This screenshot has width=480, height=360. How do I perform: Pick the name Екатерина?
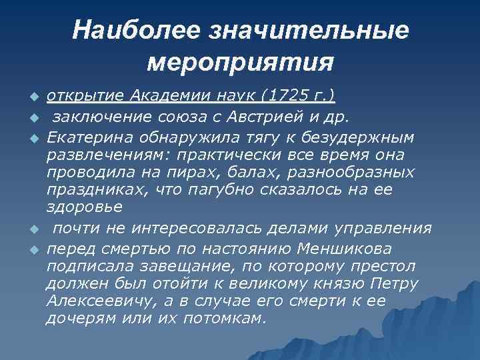(87, 137)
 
